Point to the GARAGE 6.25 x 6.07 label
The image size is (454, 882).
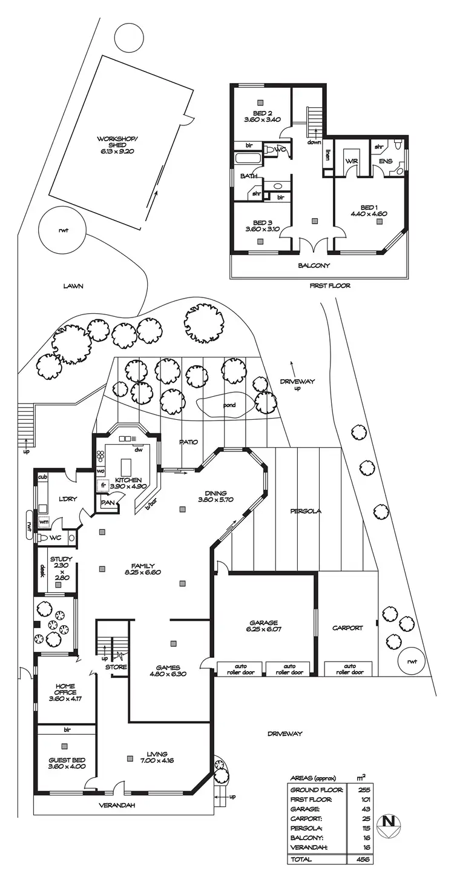[264, 626]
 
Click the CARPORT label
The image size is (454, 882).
[347, 628]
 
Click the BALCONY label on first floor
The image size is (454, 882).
[314, 265]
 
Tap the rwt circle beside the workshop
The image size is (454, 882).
[62, 230]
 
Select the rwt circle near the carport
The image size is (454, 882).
[412, 662]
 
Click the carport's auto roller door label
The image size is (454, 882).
[349, 669]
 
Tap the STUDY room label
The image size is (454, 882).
[61, 568]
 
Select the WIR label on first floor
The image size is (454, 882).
[352, 162]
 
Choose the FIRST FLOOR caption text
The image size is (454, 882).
[330, 285]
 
